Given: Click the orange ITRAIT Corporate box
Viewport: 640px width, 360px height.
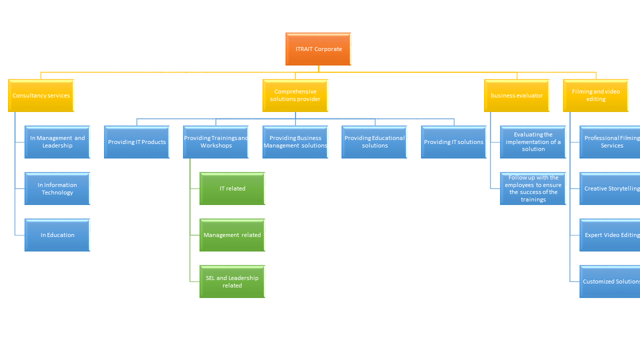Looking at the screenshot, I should coord(318,49).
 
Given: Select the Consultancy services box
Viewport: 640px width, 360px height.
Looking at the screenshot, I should coord(41,95).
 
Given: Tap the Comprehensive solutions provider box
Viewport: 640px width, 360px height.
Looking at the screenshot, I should coord(295,95).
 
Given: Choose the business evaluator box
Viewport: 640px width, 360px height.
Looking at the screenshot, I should coord(516,95).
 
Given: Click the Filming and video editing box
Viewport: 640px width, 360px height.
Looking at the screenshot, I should coord(595,95).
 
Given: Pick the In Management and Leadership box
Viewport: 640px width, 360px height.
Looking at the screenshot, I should coord(57,142).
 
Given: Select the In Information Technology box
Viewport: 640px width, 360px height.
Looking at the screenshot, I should coord(57,188).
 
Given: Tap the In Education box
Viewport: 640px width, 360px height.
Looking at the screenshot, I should coord(57,235).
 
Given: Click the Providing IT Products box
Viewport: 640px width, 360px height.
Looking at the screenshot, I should coord(136,142).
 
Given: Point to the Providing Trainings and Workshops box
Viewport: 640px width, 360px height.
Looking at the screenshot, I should coord(216,142).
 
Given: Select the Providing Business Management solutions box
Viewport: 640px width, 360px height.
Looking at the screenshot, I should coord(295,142).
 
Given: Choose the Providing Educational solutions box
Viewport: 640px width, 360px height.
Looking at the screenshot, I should coord(374,142).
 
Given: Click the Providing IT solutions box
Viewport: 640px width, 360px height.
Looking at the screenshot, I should coord(453,142).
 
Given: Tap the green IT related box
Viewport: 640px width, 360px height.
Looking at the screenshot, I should coord(232,188).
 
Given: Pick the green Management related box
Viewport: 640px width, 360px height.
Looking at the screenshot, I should coord(232,235).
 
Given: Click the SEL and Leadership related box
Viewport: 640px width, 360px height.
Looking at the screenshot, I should coord(232,281).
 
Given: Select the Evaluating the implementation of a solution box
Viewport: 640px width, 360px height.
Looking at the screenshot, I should coord(533,142).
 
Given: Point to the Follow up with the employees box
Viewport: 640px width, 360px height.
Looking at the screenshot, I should coord(533,188).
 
